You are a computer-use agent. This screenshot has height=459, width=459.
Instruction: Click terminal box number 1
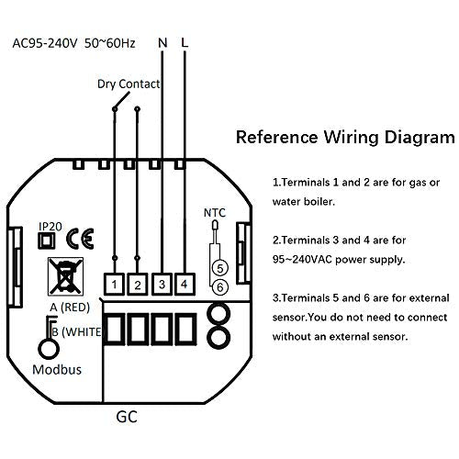click(x=114, y=285)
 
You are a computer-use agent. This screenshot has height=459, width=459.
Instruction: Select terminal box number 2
click(x=138, y=285)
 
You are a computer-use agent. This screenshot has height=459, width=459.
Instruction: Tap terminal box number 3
click(x=162, y=285)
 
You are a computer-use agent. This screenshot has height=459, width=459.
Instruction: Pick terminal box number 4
click(x=185, y=285)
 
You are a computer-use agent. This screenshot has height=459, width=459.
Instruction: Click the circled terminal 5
click(x=220, y=268)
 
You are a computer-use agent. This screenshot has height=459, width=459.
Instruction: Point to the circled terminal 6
click(x=220, y=287)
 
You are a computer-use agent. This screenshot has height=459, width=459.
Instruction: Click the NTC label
click(x=215, y=213)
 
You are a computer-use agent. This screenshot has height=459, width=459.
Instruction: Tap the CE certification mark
click(x=80, y=239)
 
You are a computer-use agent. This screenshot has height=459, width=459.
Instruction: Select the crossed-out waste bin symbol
click(x=65, y=276)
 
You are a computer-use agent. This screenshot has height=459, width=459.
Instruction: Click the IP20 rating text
click(x=50, y=227)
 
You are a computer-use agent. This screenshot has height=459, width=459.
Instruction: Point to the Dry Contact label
click(x=129, y=84)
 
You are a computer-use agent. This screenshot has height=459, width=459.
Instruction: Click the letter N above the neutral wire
click(x=162, y=43)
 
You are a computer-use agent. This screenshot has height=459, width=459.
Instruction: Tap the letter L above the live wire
click(x=185, y=43)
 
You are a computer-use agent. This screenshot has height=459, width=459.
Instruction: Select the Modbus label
click(x=57, y=370)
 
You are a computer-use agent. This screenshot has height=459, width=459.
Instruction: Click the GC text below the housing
click(x=127, y=417)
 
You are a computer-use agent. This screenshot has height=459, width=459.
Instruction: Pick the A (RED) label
click(x=70, y=308)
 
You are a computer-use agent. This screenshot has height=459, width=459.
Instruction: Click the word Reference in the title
click(x=277, y=137)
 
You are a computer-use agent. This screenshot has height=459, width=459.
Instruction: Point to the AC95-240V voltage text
click(x=45, y=43)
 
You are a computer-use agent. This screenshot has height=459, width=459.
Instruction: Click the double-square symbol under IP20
click(x=47, y=241)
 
